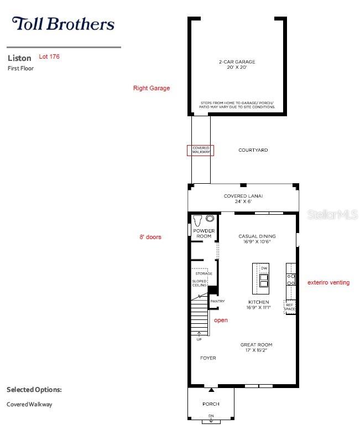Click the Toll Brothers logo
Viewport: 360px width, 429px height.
coord(63,24)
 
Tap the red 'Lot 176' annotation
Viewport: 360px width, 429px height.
coord(49,56)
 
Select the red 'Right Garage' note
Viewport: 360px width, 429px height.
coord(152,88)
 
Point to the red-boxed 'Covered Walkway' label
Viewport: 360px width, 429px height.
coord(200,151)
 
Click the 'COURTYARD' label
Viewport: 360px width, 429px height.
coord(253,150)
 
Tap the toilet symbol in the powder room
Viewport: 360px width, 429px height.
coord(197,220)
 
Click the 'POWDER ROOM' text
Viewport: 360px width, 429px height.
coord(204,233)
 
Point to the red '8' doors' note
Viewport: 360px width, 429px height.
coord(150,237)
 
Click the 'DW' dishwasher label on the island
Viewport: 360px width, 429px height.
coord(264,268)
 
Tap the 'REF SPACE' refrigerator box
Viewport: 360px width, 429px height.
coord(290,306)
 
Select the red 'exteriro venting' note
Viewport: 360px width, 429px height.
coord(328,282)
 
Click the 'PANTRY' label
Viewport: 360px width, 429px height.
coord(217,301)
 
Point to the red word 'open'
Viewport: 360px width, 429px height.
coord(221,320)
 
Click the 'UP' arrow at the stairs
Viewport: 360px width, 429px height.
coord(199,336)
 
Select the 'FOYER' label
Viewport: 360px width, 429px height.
coord(208,358)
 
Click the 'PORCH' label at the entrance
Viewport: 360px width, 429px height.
coord(211,404)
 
